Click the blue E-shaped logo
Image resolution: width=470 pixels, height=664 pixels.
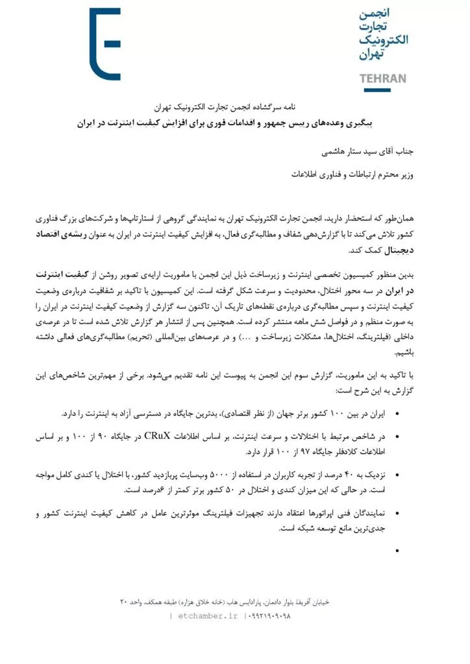click(x=105, y=44)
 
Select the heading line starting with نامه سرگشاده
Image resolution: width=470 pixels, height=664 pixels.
click(x=235, y=106)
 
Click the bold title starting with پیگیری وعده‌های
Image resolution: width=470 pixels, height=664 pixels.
click(x=235, y=121)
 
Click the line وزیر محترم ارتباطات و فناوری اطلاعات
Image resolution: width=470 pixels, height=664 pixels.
click(x=359, y=174)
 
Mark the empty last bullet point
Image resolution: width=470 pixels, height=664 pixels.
click(x=397, y=551)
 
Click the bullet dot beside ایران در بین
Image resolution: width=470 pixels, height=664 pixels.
click(x=397, y=414)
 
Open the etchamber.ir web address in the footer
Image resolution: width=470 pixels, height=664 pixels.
click(x=207, y=615)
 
